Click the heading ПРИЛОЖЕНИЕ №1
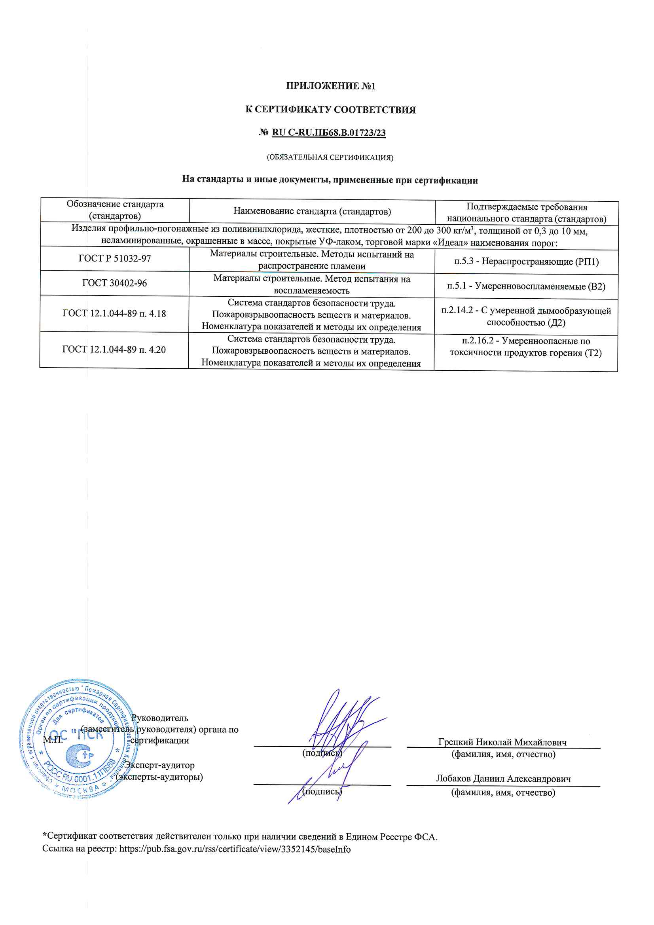click(330, 86)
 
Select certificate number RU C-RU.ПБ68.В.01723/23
click(328, 133)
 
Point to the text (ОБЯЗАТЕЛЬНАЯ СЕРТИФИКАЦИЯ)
click(330, 157)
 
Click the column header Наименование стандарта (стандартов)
click(312, 212)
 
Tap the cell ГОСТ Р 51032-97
click(114, 259)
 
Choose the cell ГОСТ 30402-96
click(114, 283)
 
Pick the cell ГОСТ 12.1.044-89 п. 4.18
click(114, 314)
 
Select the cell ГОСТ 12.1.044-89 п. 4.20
click(114, 350)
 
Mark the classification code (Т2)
click(593, 353)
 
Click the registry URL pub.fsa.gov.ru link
click(235, 850)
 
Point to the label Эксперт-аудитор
click(159, 765)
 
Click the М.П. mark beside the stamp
click(53, 740)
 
